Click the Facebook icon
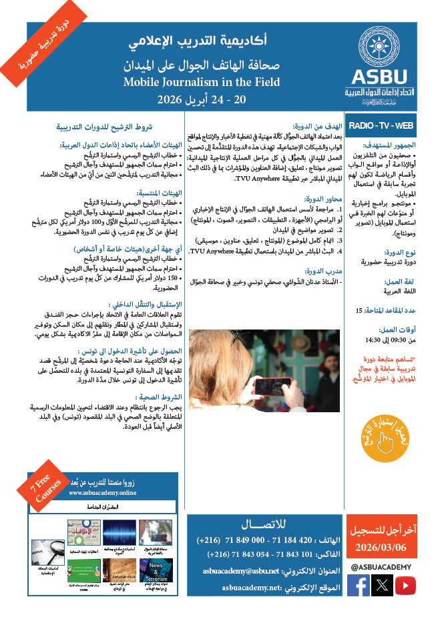click(x=358, y=585)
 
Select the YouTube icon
click(x=405, y=585)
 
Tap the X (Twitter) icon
click(x=381, y=585)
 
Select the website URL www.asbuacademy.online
click(x=102, y=493)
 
